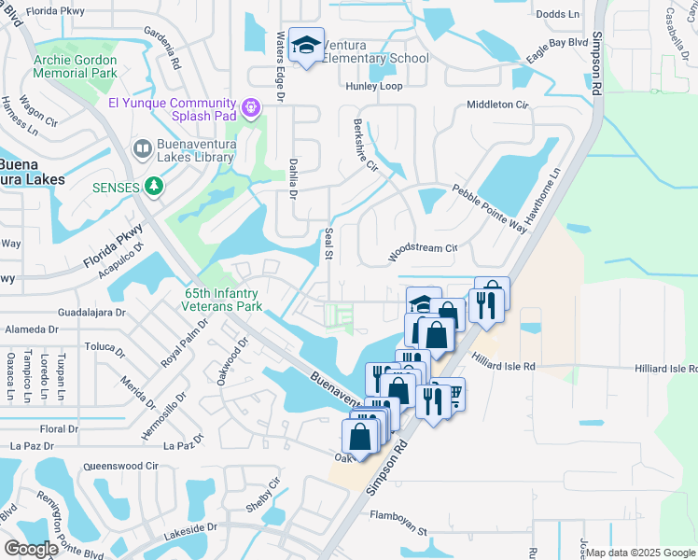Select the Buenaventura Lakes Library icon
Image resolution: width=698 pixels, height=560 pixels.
[x=142, y=148]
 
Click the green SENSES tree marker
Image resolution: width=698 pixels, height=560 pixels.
[x=155, y=187]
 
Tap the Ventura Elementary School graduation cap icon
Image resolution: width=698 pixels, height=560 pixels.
[x=305, y=46]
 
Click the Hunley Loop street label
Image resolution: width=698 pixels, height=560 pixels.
[x=373, y=86]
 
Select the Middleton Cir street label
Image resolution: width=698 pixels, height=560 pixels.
[x=497, y=105]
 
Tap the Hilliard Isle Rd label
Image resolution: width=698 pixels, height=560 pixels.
[x=503, y=368]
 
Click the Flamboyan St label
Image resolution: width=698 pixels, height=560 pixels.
[x=398, y=516]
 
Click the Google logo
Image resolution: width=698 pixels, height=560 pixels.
[x=31, y=549]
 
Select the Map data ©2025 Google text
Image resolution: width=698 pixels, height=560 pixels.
[x=639, y=553]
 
